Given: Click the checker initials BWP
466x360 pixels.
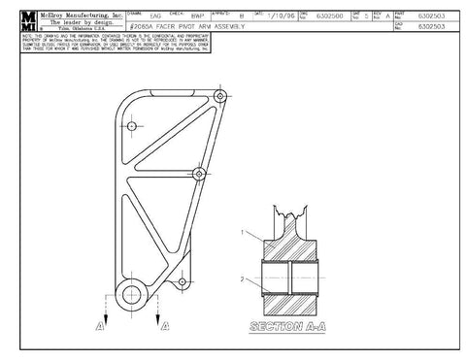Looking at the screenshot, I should click(x=198, y=16).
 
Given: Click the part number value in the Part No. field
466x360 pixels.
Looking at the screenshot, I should click(x=432, y=16).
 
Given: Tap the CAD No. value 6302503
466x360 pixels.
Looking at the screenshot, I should click(x=432, y=27).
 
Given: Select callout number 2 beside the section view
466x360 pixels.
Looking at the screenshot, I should click(x=244, y=280).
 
